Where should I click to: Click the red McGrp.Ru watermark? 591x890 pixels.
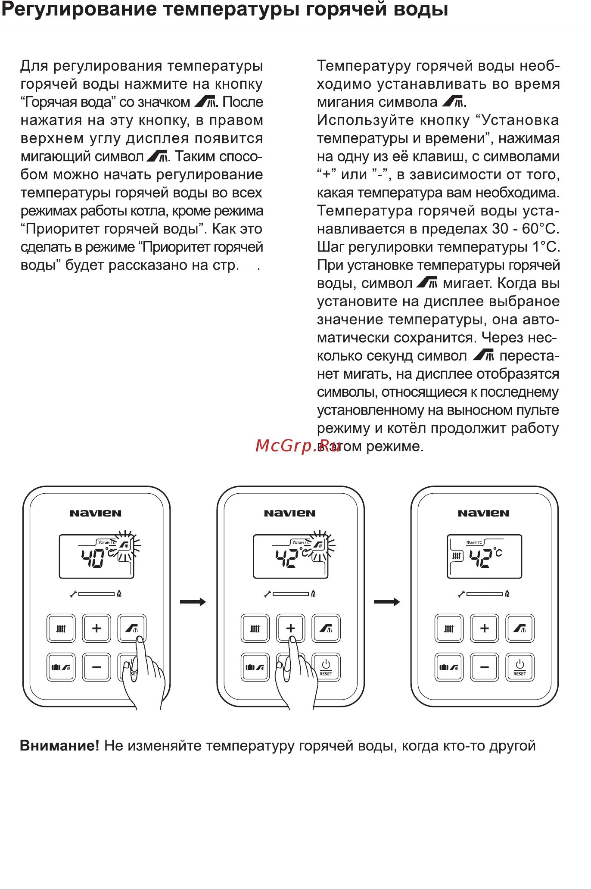pos(298,445)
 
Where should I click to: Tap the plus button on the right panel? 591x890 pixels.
pos(484,628)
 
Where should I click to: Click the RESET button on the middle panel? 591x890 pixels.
pos(326,667)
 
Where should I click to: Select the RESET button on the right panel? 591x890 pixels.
pos(520,667)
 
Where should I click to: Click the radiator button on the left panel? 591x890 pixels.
pos(61,629)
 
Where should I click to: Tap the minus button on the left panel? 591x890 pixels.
pos(96,667)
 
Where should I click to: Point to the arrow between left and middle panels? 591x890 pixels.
pos(193,602)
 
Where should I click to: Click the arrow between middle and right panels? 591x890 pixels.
pos(387,602)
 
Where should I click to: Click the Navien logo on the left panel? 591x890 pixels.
pos(96,513)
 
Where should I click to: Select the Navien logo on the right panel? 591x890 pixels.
pos(483,513)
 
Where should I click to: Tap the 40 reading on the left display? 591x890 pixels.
pos(93,558)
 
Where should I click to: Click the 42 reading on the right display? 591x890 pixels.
pos(481,558)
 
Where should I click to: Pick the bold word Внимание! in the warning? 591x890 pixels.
pos(59,746)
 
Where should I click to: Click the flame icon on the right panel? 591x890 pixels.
pos(507,594)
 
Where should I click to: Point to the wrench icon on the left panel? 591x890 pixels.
pos(73,594)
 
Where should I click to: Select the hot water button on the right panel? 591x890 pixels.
pos(520,629)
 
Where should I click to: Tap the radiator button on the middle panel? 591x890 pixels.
pos(255,629)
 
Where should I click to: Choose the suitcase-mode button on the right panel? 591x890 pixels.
pos(449,667)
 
